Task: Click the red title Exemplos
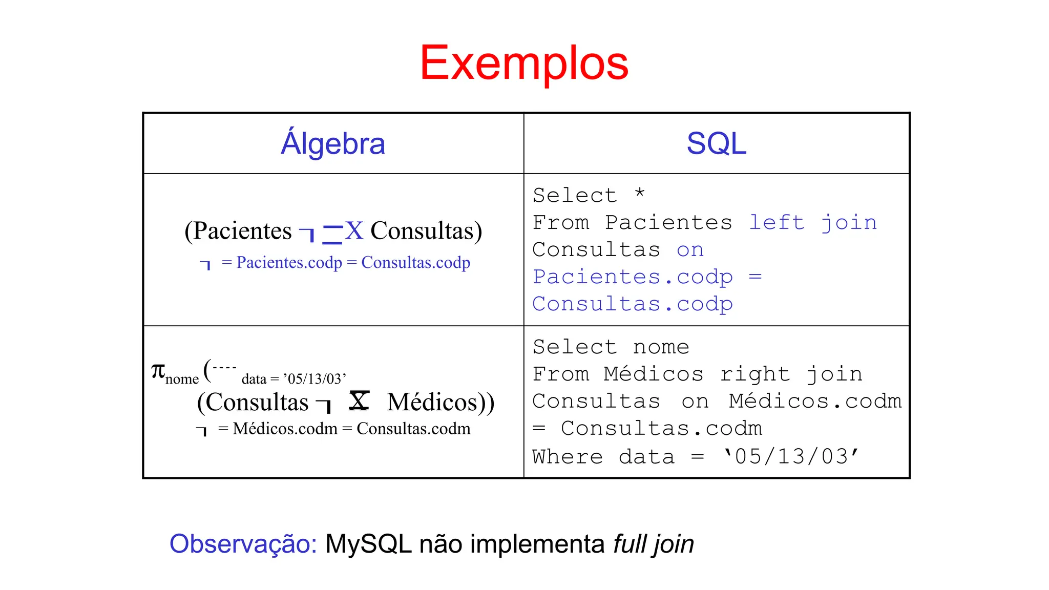point(524,63)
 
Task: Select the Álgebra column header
point(333,143)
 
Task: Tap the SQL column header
point(716,143)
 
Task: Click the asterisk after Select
point(639,194)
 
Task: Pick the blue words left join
point(813,223)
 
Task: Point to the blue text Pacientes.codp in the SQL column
point(633,277)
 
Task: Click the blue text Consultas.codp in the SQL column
point(633,304)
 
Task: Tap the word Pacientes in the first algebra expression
point(242,231)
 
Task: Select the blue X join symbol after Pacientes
point(354,230)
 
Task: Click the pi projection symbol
point(158,370)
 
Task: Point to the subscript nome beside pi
point(182,379)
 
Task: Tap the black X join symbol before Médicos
point(359,401)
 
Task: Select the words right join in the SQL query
point(791,374)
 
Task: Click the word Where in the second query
point(567,456)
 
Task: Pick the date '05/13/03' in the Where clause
point(790,456)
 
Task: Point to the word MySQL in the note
point(368,544)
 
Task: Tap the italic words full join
point(654,544)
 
